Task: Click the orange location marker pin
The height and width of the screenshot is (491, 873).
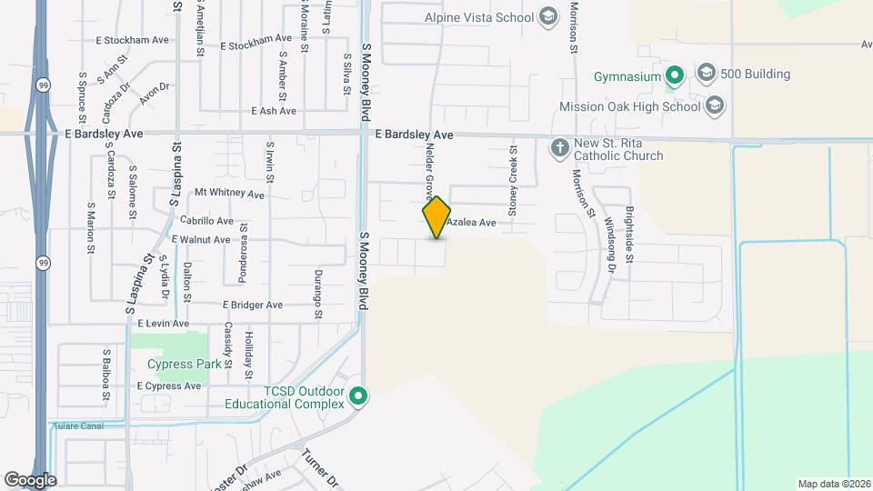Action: point(436,217)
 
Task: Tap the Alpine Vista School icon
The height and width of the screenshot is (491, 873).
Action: point(547,16)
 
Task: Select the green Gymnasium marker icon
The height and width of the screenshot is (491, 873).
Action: point(674,75)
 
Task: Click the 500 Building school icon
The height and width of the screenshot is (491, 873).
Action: point(707,73)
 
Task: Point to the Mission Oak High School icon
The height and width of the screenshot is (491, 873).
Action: point(715,106)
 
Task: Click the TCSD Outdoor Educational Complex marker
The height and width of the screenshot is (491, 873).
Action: point(358,396)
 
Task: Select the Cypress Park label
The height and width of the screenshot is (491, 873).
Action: point(185,365)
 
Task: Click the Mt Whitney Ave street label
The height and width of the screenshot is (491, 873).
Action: point(229,194)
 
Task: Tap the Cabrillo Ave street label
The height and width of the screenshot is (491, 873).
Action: point(206,221)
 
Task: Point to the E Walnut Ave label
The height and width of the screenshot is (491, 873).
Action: point(201,240)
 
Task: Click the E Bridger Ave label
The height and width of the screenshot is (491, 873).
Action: point(253,306)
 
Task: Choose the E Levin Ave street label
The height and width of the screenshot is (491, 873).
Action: point(163,324)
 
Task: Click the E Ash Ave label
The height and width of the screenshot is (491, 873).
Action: point(274,111)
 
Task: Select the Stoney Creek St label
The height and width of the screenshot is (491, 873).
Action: point(513,178)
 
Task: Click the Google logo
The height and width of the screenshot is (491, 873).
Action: point(30,479)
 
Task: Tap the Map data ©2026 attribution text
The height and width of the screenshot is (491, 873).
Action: point(832,484)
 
